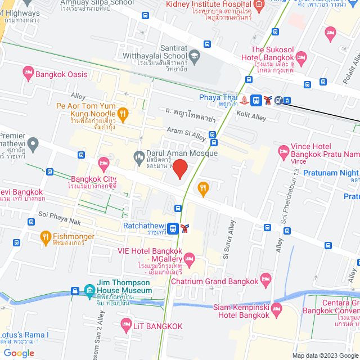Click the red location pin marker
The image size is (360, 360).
tap(179, 169)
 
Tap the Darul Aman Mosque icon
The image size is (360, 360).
tap(138, 155)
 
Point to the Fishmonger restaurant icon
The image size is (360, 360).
tap(46, 238)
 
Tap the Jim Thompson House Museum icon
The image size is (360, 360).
tap(89, 291)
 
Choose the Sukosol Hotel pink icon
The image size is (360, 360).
tap(301, 57)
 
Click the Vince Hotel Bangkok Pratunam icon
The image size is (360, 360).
tap(282, 151)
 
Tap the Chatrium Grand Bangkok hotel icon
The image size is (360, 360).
tap(265, 280)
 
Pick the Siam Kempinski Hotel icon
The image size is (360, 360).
tap(276, 309)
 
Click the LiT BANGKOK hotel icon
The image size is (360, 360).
tap(125, 325)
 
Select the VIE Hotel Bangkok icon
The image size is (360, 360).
tap(188, 259)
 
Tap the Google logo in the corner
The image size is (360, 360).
tap(18, 353)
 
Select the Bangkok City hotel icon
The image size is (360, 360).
tap(103, 164)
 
